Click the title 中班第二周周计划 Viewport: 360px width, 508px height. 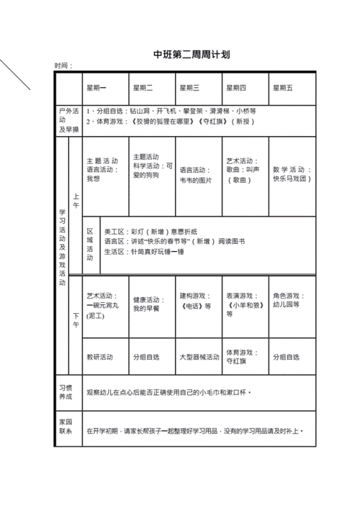tap(181, 55)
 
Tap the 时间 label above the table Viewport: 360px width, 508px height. tap(63, 65)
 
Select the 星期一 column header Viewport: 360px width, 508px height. tap(96, 88)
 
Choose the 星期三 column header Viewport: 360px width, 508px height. tap(189, 88)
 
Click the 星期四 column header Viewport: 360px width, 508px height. tap(236, 88)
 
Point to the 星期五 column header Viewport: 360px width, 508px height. tap(283, 88)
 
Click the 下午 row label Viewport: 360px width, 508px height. tap(76, 324)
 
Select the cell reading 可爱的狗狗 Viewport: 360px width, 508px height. tap(151, 170)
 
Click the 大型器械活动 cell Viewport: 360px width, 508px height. tap(199, 357)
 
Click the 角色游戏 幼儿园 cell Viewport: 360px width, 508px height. tap(289, 300)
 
